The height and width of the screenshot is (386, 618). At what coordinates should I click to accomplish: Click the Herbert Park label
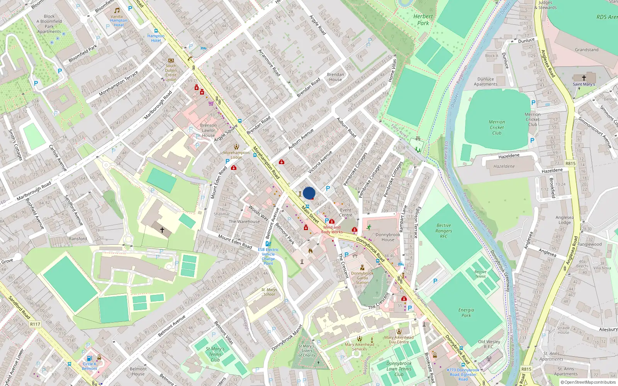423,20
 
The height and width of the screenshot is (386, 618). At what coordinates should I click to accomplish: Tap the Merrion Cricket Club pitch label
497,127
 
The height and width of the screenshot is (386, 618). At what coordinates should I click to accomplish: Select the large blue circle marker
309,193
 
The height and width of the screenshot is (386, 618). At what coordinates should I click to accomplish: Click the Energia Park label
466,313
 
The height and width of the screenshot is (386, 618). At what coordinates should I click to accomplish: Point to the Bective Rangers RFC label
444,231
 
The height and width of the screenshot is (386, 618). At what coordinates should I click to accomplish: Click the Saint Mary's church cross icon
584,78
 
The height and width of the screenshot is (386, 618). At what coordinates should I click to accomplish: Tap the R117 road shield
35,324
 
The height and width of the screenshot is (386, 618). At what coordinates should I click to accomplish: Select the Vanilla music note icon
117,10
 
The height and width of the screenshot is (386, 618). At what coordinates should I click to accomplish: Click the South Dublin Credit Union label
171,73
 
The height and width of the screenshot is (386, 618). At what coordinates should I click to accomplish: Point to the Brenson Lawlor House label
208,130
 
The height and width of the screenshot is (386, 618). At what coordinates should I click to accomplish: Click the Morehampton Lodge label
236,155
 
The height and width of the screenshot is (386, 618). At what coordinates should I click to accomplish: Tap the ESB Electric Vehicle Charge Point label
268,256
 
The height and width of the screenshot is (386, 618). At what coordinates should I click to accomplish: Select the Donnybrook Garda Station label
362,278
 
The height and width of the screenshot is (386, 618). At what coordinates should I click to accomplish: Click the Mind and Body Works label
332,230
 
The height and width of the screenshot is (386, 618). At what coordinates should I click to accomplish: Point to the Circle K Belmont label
90,366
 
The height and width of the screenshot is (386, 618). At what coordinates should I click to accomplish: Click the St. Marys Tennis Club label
215,354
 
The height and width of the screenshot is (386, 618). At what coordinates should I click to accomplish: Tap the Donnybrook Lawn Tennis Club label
399,369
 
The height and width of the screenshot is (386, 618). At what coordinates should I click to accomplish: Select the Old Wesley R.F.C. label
489,344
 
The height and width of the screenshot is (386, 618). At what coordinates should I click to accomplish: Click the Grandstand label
586,50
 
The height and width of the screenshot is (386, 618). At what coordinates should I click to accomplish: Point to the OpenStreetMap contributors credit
588,382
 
